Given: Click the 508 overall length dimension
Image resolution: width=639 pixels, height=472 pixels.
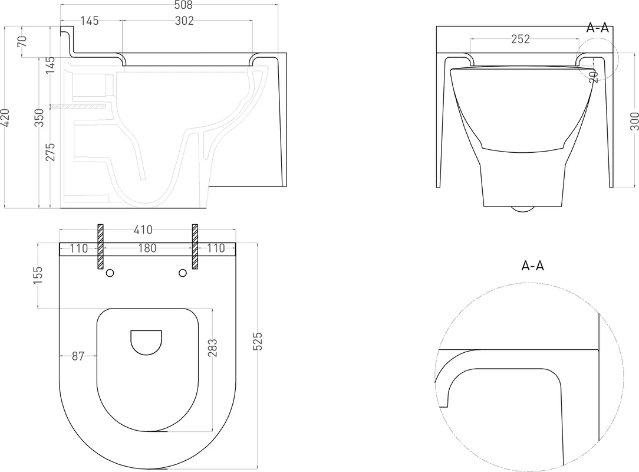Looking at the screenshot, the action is (183, 5).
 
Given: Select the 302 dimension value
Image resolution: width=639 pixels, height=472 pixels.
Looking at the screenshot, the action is (184, 21).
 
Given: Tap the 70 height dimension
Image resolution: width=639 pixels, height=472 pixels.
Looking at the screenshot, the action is (22, 41).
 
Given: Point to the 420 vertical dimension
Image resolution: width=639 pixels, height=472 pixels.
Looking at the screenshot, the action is (5, 117).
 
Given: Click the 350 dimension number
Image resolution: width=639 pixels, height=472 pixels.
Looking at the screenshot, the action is (39, 117).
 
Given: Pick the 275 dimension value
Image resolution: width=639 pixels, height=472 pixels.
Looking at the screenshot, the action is (51, 152).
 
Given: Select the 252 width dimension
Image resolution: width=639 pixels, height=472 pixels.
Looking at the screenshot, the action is (521, 39).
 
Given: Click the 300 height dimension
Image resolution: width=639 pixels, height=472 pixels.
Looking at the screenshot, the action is (634, 122).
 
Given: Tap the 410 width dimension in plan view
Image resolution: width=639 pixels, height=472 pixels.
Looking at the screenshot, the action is (143, 230).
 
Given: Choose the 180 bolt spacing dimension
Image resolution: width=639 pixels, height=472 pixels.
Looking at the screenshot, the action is (147, 248).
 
